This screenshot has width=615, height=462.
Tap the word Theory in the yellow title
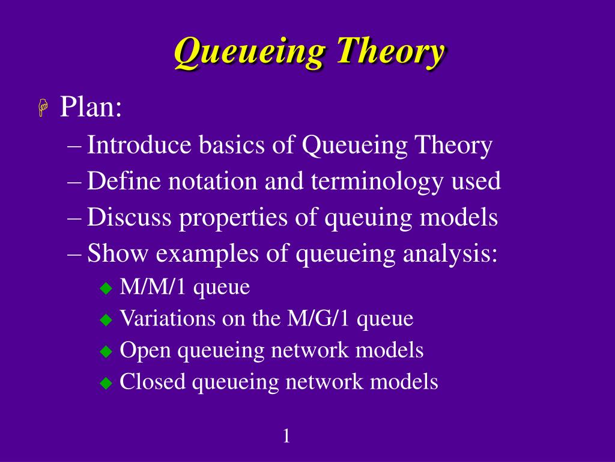[390, 52]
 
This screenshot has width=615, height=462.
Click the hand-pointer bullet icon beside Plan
[43, 109]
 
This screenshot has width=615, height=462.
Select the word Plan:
[91, 108]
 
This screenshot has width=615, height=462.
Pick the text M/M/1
[154, 288]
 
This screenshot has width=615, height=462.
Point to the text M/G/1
[316, 318]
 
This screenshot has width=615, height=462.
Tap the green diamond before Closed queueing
[106, 383]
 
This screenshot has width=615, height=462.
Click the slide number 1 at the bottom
[286, 436]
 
